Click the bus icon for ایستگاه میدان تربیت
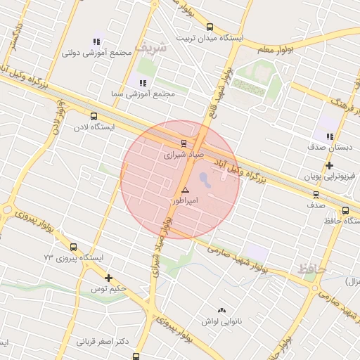210,27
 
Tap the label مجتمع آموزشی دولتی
91,53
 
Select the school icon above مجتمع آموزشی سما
143,83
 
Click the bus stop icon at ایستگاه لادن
94,117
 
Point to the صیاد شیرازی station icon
184,142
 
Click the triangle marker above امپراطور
185,190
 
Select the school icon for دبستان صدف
329,136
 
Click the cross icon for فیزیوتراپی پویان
329,166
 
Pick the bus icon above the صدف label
315,195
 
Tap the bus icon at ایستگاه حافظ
345,210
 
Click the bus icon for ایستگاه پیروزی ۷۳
74,247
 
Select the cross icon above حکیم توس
108,278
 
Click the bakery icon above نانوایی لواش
222,310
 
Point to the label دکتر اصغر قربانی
103,342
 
